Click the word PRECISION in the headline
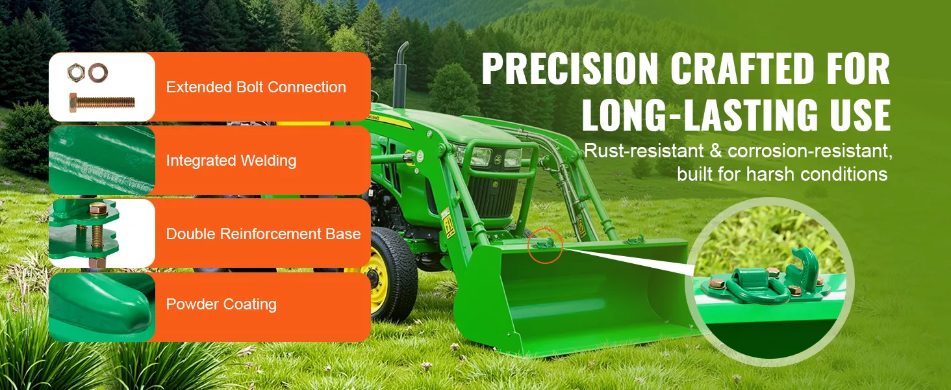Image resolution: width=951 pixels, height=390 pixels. (570, 68)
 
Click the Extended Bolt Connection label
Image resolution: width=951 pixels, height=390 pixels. (256, 87)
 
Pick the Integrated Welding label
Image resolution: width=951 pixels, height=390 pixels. (231, 161)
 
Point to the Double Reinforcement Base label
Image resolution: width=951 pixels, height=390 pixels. (263, 234)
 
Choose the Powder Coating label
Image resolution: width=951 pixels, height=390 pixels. (222, 304)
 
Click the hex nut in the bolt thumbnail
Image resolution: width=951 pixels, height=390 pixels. (76, 72)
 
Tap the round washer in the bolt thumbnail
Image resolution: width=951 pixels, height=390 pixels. (98, 73)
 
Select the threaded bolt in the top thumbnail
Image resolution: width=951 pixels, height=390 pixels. (102, 103)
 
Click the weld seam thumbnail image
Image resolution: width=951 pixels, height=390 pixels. (102, 160)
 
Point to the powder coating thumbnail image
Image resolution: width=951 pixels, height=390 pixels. (102, 307)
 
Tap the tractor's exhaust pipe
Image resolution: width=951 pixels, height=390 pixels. (399, 75)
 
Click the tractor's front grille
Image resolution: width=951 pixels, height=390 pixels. (492, 196)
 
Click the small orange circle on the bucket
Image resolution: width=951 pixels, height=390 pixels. (546, 246)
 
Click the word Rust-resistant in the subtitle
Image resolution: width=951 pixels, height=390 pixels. (644, 151)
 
